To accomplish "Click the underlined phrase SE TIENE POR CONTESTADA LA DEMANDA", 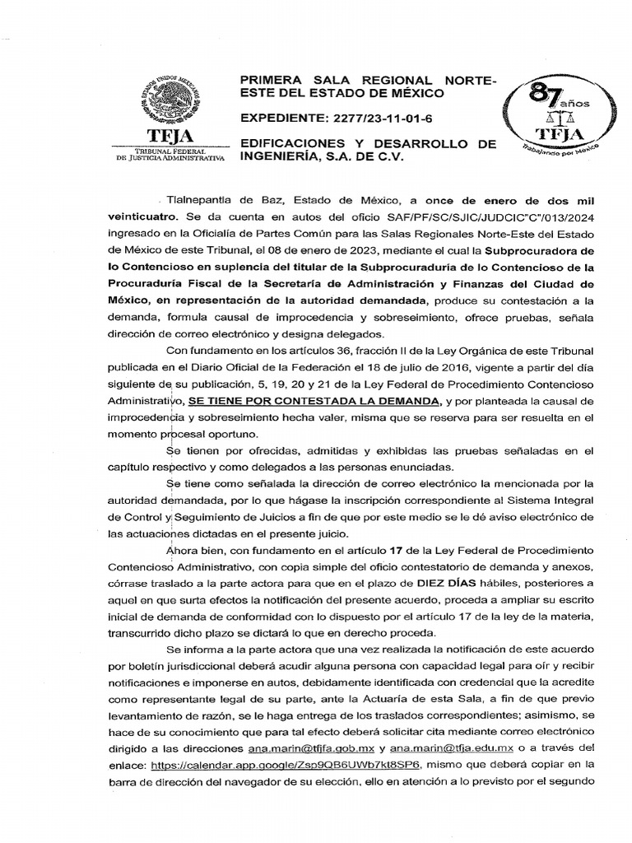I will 314,401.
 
